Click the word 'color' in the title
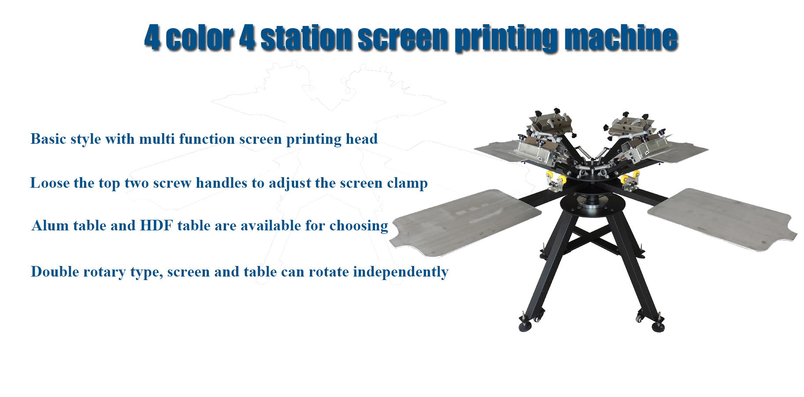pyautogui.click(x=200, y=38)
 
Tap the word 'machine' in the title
pyautogui.click(x=621, y=38)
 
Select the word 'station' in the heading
pyautogui.click(x=306, y=38)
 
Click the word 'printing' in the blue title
pyautogui.click(x=506, y=40)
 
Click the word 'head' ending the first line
pyautogui.click(x=362, y=139)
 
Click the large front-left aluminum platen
pyautogui.click(x=466, y=222)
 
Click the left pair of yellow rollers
pyautogui.click(x=555, y=180)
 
